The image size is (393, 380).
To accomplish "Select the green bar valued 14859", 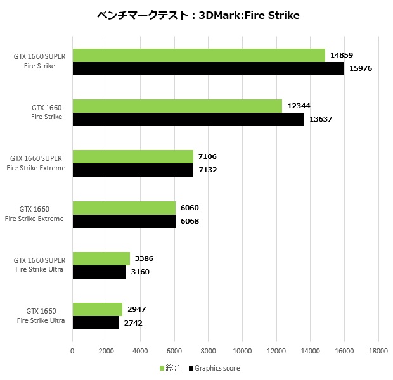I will (198, 56).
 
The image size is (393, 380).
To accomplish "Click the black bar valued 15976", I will (208, 69).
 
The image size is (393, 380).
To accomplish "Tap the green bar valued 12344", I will (177, 106).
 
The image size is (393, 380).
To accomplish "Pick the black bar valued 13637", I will (188, 120).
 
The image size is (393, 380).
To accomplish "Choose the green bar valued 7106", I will (132, 157).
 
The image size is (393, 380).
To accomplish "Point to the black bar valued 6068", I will (124, 221).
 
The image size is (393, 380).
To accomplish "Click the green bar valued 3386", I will (101, 258).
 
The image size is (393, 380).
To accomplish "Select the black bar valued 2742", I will (96, 322).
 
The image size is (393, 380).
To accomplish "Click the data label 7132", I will (207, 170).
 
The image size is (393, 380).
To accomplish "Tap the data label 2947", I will (138, 309).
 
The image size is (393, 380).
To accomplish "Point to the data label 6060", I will (190, 208).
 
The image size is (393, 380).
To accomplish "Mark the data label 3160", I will (141, 272).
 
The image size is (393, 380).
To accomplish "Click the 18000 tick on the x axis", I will (378, 350).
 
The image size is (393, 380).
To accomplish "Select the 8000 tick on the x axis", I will (209, 350).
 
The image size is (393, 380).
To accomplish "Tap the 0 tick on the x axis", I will (72, 350).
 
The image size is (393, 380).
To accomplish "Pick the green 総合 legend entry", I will (170, 368).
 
